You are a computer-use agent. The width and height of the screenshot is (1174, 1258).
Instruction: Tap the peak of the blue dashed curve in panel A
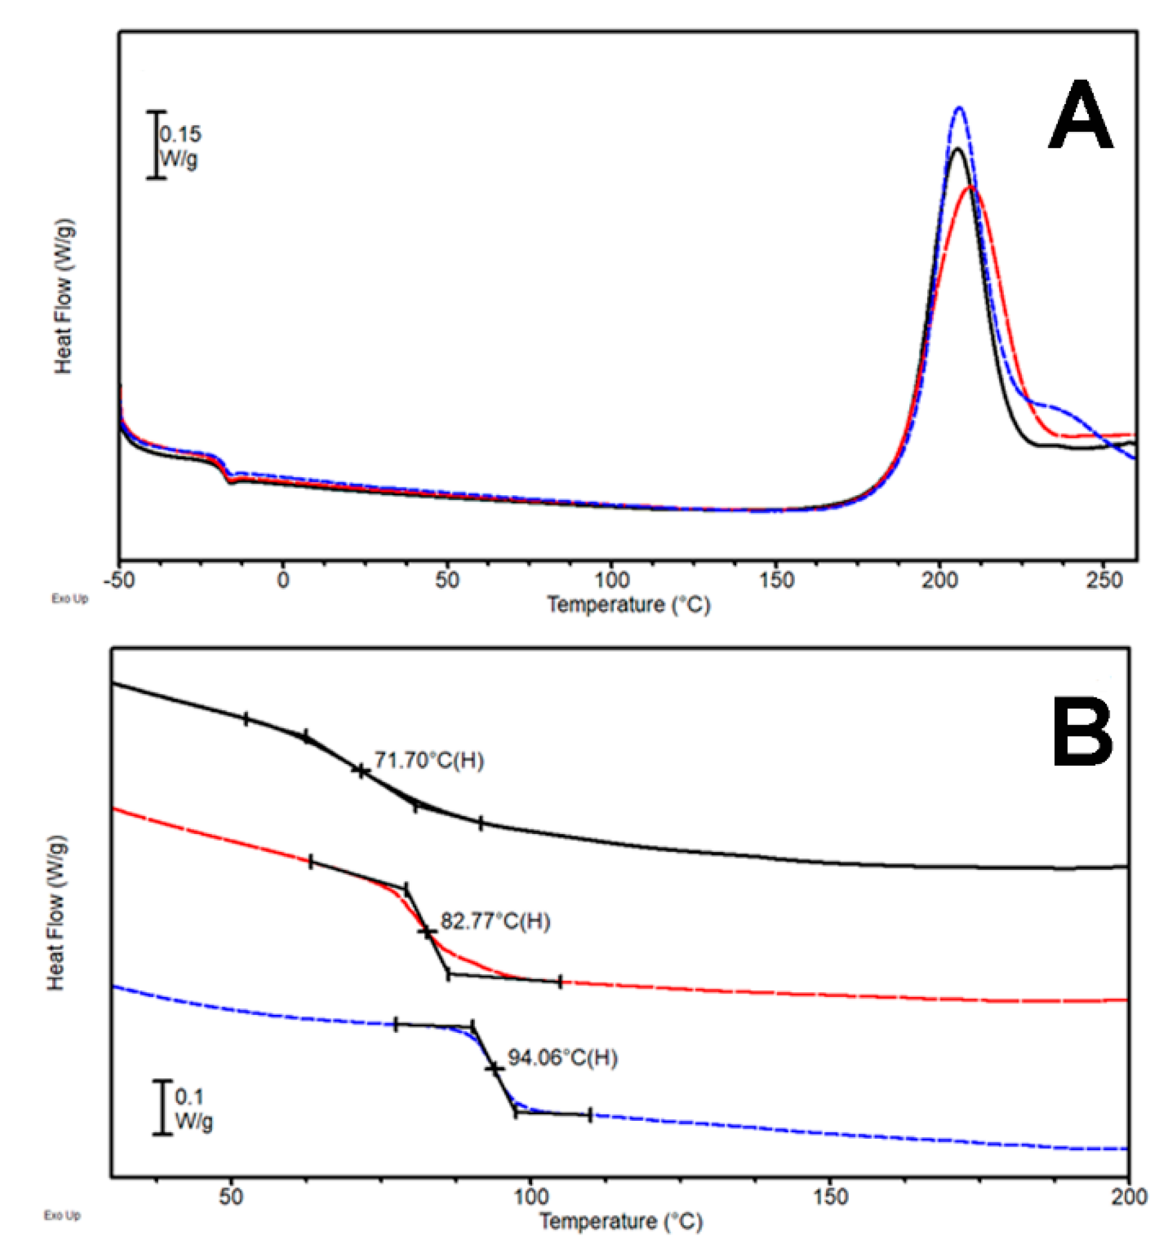click(960, 108)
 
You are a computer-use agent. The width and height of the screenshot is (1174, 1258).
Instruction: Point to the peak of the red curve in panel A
click(970, 188)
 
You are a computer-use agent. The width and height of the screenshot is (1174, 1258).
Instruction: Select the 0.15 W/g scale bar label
click(180, 146)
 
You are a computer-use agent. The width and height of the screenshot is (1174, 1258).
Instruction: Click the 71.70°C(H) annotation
click(429, 760)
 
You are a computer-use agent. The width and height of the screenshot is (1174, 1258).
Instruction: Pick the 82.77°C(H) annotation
click(495, 922)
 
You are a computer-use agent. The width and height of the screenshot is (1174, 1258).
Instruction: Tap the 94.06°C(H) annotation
click(562, 1059)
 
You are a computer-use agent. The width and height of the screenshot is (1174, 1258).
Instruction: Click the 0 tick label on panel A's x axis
click(283, 580)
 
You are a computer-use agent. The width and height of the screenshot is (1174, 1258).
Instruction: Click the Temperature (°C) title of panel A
click(628, 605)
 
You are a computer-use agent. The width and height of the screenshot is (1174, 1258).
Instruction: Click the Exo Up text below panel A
click(69, 598)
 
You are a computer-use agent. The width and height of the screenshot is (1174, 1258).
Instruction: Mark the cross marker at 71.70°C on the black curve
click(360, 771)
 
